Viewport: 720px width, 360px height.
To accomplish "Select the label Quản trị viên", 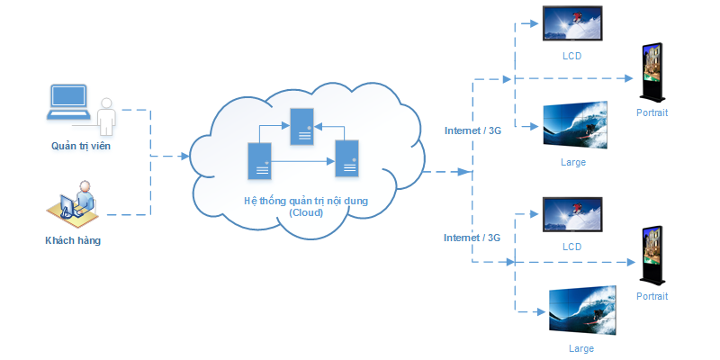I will tap(80, 145).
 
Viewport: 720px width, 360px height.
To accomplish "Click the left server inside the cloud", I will tap(260, 160).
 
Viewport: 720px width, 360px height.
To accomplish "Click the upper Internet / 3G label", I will tap(472, 130).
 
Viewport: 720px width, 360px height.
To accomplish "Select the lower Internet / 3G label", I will tap(472, 238).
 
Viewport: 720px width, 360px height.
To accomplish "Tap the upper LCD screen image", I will tap(572, 24).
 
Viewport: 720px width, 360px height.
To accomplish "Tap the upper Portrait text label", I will tap(652, 113).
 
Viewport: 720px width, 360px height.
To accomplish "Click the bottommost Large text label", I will tap(580, 348).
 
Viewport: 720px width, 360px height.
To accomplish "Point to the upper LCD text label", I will tap(571, 56).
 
